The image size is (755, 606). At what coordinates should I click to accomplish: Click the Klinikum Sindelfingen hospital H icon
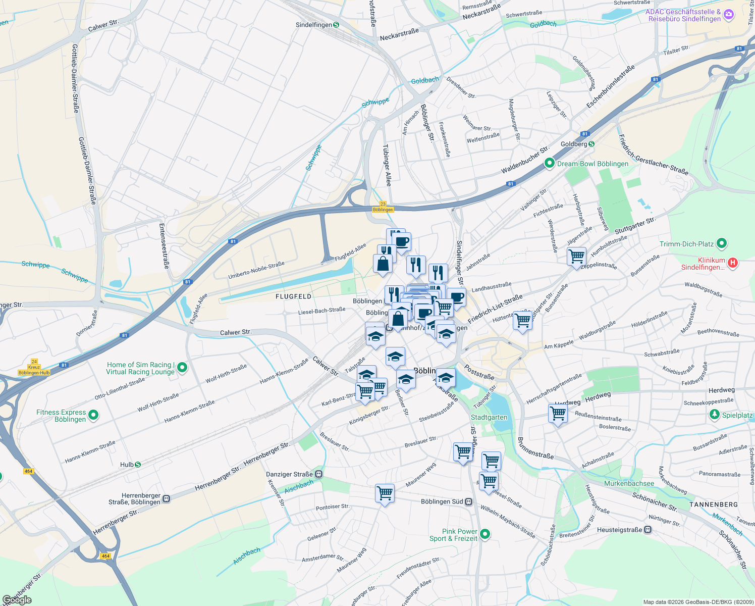(x=733, y=263)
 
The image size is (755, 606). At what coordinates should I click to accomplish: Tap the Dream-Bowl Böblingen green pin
(x=549, y=164)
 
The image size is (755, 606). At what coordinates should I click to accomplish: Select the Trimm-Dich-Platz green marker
(x=722, y=244)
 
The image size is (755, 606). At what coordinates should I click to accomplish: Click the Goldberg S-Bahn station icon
(x=591, y=144)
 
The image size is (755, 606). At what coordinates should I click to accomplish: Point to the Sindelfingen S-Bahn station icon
(x=336, y=25)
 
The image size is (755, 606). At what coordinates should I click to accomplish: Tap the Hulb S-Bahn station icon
(x=138, y=465)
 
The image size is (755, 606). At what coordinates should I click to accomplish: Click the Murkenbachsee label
(x=629, y=483)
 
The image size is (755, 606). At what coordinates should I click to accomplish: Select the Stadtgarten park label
(x=489, y=417)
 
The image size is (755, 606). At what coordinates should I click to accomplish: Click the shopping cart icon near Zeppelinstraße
(x=576, y=256)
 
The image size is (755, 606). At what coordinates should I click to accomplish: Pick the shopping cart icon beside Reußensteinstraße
(x=558, y=413)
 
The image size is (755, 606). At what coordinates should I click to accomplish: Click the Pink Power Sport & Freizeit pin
(x=485, y=534)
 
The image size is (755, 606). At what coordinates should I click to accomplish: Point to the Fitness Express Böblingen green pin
(x=93, y=416)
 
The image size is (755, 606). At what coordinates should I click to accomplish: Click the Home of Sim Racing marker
(x=182, y=368)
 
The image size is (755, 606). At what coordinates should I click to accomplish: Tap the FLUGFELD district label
(x=293, y=296)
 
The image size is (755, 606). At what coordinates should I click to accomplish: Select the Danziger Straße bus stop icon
(x=319, y=474)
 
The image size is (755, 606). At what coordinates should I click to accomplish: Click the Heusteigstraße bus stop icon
(x=648, y=530)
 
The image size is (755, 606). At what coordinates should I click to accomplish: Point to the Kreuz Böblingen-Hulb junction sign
(x=34, y=367)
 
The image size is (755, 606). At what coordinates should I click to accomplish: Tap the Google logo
(x=17, y=600)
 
